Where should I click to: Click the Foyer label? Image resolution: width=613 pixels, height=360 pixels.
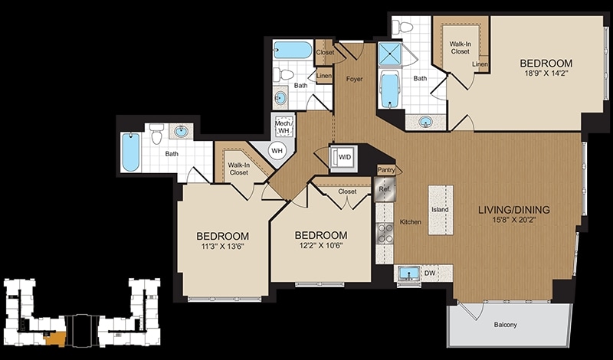354,79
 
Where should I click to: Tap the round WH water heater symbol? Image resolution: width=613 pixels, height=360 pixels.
277,150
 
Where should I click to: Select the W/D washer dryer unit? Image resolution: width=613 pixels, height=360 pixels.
343,158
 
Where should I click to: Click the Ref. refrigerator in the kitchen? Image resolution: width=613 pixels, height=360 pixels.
385,189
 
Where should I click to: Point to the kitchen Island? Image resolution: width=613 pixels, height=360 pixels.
441,210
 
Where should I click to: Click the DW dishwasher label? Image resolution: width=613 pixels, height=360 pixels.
430,273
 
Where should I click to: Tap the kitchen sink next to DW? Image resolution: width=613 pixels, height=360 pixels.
409,273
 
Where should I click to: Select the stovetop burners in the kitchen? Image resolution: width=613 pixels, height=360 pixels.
385,233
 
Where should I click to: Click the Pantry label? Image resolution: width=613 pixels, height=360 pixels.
386,170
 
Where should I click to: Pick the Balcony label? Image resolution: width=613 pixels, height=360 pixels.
505,325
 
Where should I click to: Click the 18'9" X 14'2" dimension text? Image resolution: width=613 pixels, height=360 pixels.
546,73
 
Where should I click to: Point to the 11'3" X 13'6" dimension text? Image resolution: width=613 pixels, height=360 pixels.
222,246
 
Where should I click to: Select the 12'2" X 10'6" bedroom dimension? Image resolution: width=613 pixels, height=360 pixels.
320,245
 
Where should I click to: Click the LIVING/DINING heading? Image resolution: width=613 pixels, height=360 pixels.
514,210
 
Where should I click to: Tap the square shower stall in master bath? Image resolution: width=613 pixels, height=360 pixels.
390,54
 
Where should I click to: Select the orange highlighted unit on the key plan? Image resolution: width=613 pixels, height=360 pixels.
55,339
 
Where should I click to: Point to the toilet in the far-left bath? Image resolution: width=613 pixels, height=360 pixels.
157,134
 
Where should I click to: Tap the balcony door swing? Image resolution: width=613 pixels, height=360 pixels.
472,311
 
